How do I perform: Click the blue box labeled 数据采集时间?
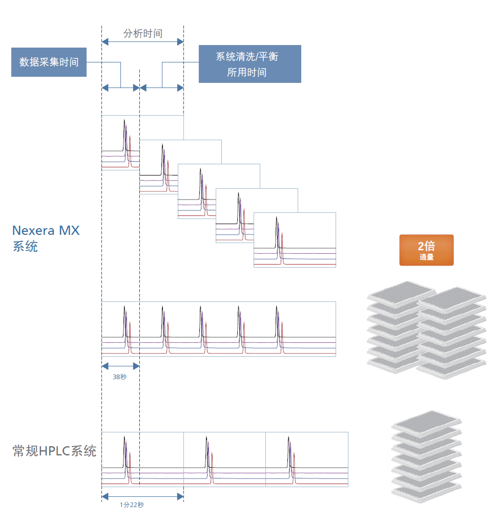[49, 62]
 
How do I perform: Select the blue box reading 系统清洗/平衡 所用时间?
[250, 64]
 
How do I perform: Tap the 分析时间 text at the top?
[142, 33]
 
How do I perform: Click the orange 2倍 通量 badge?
[426, 250]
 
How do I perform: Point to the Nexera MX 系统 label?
[46, 238]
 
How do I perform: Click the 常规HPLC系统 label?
[54, 451]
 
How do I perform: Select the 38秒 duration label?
[120, 377]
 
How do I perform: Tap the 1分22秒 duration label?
[132, 505]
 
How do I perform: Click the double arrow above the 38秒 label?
[121, 366]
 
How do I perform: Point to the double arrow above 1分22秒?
[142, 496]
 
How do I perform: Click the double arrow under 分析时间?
[142, 42]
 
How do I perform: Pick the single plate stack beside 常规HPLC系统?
[427, 457]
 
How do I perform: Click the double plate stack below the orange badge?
[426, 330]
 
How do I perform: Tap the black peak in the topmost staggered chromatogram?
[125, 135]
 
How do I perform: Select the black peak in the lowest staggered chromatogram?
[277, 232]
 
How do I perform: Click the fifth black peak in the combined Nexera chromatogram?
[277, 321]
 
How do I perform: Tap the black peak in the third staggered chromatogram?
[200, 184]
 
